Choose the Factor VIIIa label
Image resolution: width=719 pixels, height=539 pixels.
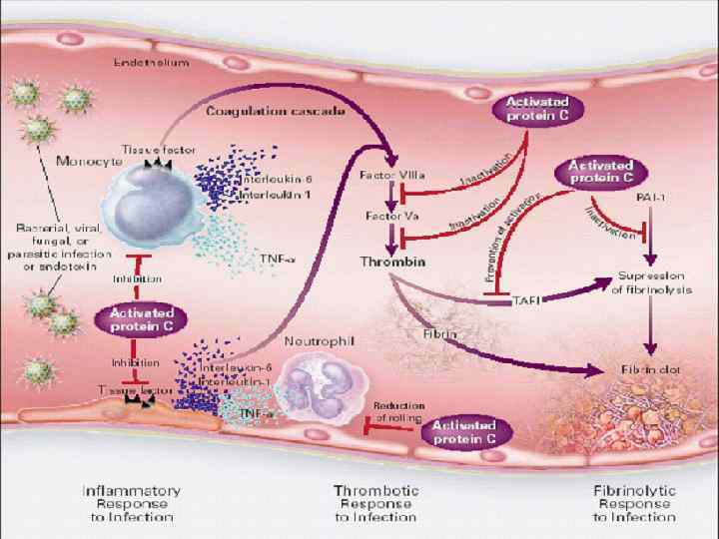389,175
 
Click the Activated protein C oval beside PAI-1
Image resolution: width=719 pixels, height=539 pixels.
601,171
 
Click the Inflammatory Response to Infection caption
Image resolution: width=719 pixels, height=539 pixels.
130,503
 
